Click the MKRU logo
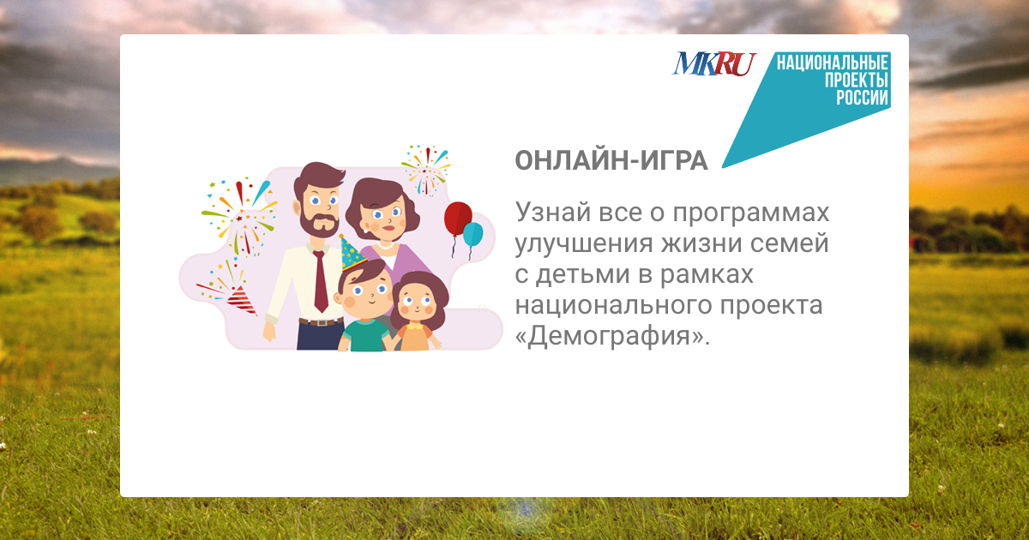point(714,63)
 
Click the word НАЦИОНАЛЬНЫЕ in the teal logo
point(832,63)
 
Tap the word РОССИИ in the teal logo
point(862,98)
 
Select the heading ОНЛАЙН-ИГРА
point(611,160)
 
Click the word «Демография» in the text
point(613,336)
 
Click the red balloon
point(458,219)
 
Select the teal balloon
point(472,234)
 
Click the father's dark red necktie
point(320,281)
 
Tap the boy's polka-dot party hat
point(351,255)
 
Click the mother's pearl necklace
point(385,246)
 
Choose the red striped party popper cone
point(242,300)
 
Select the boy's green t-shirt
point(366,336)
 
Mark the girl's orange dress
point(415,337)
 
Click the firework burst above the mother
point(426,170)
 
